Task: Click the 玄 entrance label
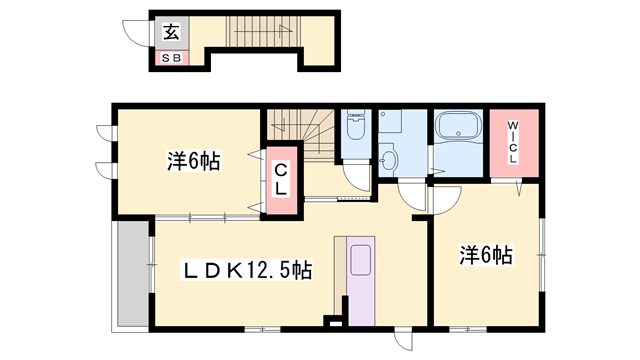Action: (171, 31)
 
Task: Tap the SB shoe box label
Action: (171, 59)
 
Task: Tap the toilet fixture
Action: (355, 127)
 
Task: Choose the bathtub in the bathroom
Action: (459, 129)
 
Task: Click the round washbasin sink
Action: (389, 160)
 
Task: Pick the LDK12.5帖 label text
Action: (246, 270)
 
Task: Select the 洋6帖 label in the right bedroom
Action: (486, 255)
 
